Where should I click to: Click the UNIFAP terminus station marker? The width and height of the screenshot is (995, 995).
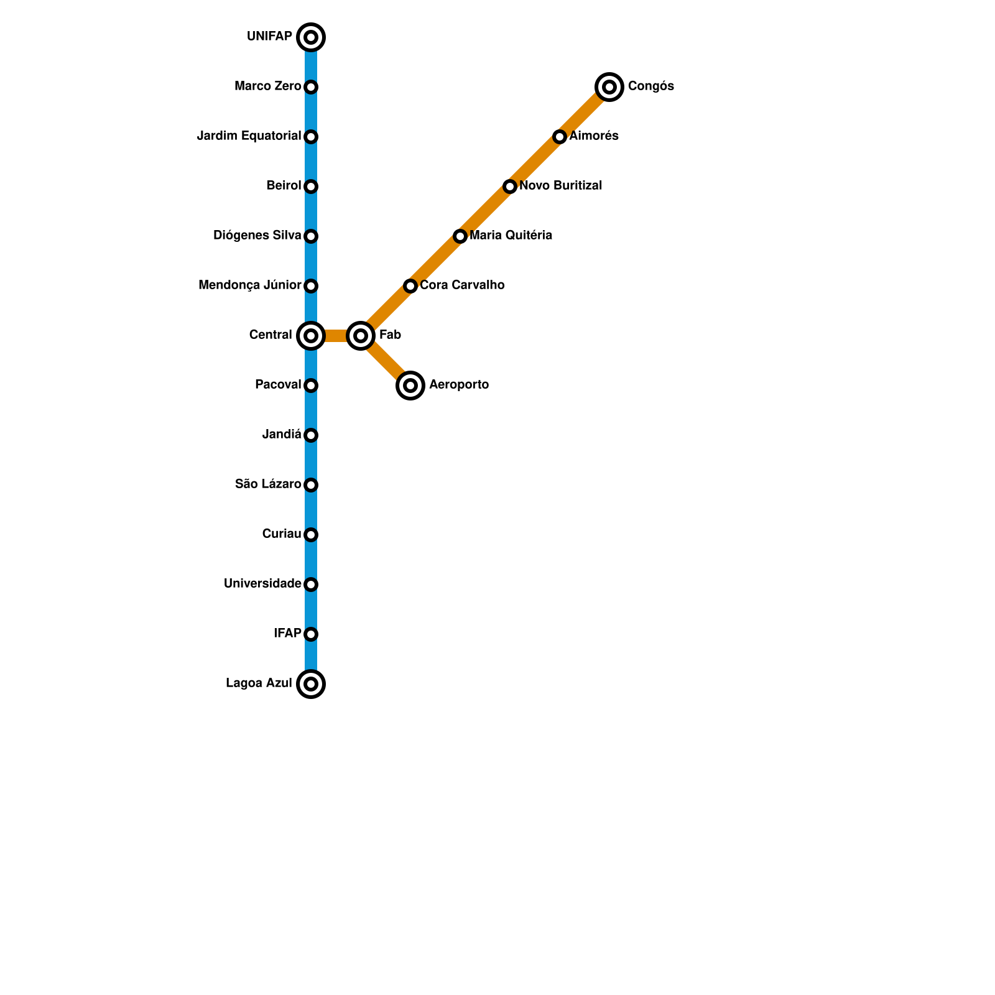pyautogui.click(x=311, y=37)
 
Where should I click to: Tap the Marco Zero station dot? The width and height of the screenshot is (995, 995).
pyautogui.click(x=311, y=87)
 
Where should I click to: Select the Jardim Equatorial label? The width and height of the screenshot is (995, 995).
pyautogui.click(x=249, y=136)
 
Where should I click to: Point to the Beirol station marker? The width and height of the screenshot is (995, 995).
pyautogui.click(x=311, y=187)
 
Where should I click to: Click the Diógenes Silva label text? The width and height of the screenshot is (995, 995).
pyautogui.click(x=257, y=236)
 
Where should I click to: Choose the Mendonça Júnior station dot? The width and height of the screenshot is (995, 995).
pyautogui.click(x=311, y=286)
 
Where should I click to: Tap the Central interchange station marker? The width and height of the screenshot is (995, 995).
pyautogui.click(x=311, y=336)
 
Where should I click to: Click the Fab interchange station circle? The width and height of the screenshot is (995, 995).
pyautogui.click(x=361, y=336)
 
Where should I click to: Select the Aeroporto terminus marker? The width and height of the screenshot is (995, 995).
pyautogui.click(x=410, y=386)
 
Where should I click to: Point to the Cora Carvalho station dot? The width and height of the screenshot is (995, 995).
pyautogui.click(x=410, y=286)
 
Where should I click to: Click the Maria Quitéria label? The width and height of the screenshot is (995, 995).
pyautogui.click(x=511, y=236)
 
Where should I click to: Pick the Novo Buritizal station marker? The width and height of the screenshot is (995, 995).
pyautogui.click(x=510, y=187)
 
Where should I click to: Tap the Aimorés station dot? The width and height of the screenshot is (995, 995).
pyautogui.click(x=560, y=137)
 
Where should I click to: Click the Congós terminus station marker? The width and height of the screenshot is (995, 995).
pyautogui.click(x=609, y=87)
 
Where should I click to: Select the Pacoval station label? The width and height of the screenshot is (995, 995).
pyautogui.click(x=277, y=385)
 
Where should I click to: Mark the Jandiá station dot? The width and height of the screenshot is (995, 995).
pyautogui.click(x=311, y=435)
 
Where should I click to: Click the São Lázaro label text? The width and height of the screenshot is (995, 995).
pyautogui.click(x=268, y=484)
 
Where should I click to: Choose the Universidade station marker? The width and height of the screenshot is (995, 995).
pyautogui.click(x=311, y=585)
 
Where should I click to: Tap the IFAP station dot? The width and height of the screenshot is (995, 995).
pyautogui.click(x=311, y=634)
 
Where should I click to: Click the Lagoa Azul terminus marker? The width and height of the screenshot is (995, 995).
pyautogui.click(x=311, y=684)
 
